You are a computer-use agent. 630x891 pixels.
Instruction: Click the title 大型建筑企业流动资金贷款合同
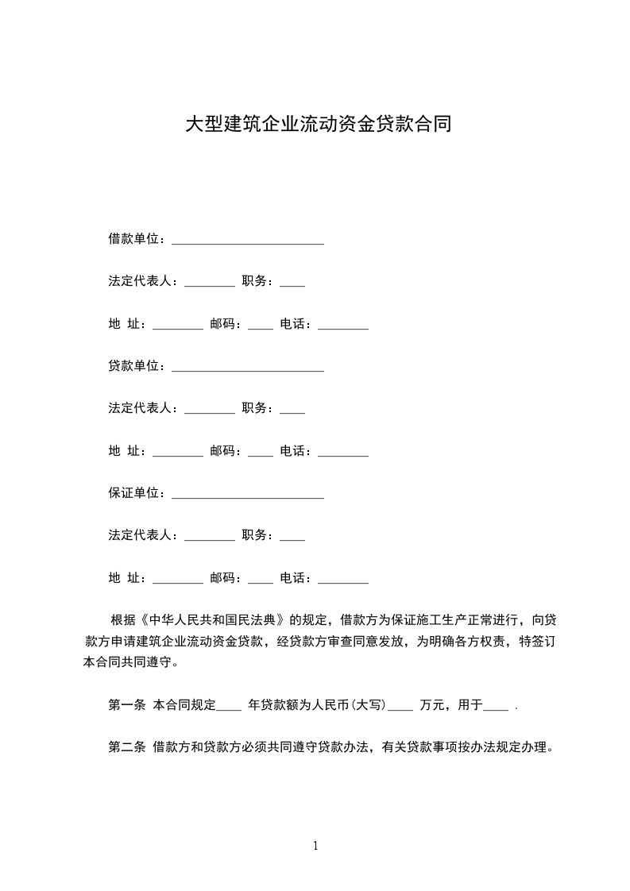click(x=318, y=125)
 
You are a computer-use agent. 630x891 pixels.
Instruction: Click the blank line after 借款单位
click(x=247, y=241)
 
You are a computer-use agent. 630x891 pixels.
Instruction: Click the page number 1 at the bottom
click(x=315, y=846)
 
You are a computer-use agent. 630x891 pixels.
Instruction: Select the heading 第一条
click(x=126, y=704)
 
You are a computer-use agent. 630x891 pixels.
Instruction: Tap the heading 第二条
click(x=126, y=746)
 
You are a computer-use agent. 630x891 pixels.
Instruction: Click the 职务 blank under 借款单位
click(x=292, y=283)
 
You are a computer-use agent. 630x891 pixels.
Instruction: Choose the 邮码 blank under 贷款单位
click(x=261, y=453)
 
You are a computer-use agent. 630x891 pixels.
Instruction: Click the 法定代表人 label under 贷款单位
click(x=142, y=408)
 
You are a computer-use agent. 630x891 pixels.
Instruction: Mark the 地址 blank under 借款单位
click(x=177, y=326)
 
